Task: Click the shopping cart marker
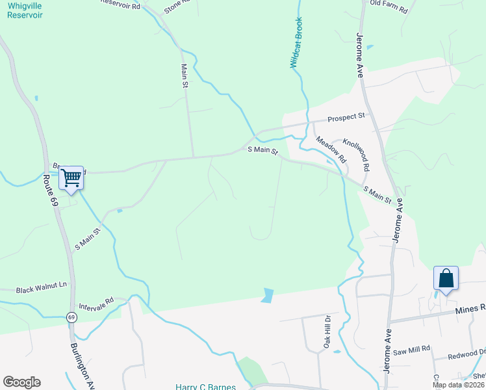(x=71, y=177)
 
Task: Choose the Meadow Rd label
(x=331, y=149)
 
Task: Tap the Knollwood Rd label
(x=357, y=154)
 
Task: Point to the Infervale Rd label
(x=96, y=303)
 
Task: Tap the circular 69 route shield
(x=70, y=317)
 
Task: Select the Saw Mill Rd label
(x=411, y=350)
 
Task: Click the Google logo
(x=21, y=382)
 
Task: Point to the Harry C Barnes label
(x=205, y=386)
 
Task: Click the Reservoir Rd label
(x=120, y=4)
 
